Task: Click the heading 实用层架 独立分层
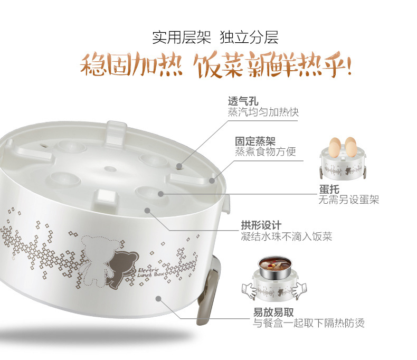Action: (215, 37)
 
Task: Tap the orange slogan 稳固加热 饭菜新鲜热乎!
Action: (216, 65)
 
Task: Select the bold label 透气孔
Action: (243, 101)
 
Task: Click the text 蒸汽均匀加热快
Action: (263, 112)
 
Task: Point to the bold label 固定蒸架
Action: (255, 141)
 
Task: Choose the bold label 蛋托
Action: (329, 190)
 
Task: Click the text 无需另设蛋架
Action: (349, 200)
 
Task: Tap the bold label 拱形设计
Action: (261, 225)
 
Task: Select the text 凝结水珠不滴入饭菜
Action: (287, 236)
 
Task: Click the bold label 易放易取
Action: (273, 312)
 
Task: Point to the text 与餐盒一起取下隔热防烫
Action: (308, 323)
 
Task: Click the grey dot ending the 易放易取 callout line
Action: (158, 299)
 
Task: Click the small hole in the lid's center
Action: (110, 168)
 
